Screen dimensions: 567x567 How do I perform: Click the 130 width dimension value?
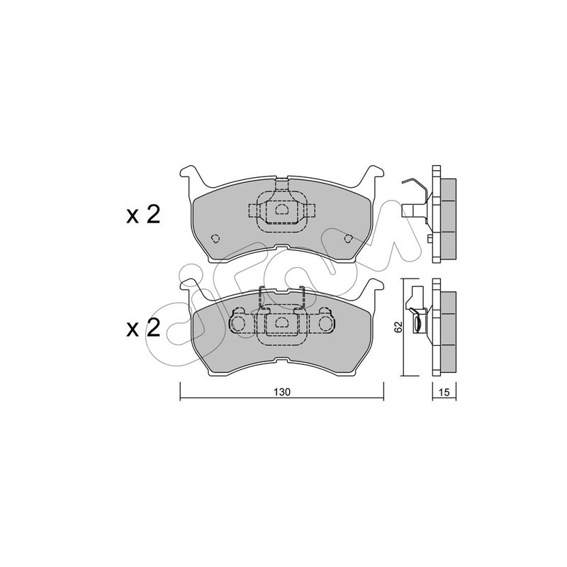[281, 392]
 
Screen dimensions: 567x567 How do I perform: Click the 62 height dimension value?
[398, 327]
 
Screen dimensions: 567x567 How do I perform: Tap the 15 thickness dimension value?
[444, 392]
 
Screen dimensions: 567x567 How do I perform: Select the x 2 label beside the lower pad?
[143, 328]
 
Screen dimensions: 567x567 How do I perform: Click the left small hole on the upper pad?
[215, 238]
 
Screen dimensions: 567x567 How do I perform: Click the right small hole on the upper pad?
[349, 238]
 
